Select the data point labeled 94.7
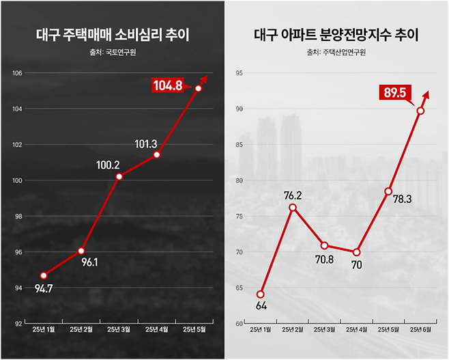click(x=44, y=275)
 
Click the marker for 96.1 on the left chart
click(x=81, y=251)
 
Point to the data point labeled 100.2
click(x=119, y=176)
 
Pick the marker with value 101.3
click(x=157, y=154)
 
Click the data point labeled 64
click(x=261, y=294)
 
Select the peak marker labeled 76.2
click(x=293, y=207)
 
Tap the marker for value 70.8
click(x=324, y=245)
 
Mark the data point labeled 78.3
click(x=388, y=191)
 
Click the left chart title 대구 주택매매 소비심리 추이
click(x=112, y=34)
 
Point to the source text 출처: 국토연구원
click(x=112, y=52)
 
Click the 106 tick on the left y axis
click(x=18, y=73)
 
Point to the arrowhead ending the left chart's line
click(x=204, y=78)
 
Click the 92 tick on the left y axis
click(x=18, y=322)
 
